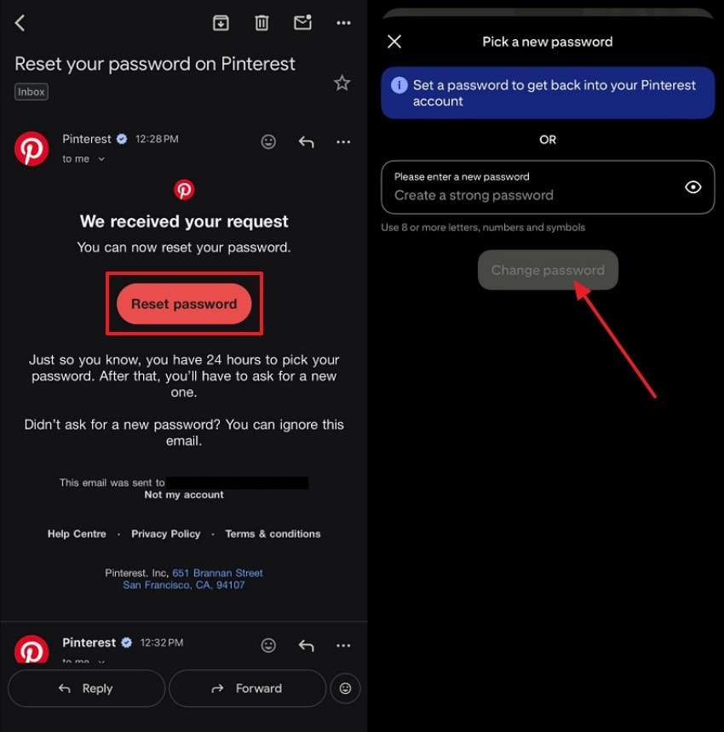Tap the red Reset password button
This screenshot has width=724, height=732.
[184, 304]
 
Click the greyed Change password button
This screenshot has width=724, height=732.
[548, 270]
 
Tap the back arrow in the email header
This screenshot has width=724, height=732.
[20, 23]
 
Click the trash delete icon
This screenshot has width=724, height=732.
[261, 23]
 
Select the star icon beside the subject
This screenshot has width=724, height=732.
[342, 83]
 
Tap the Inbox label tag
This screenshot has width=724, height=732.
[32, 92]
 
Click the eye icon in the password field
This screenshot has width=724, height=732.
[693, 187]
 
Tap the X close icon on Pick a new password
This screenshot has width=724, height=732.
[394, 41]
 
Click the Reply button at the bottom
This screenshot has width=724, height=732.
[86, 689]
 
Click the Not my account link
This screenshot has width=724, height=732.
[184, 495]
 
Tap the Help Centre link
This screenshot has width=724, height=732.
[77, 534]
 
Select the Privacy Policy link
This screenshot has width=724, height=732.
[166, 534]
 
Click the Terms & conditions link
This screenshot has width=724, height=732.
[273, 534]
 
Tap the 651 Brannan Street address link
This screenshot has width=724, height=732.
[217, 573]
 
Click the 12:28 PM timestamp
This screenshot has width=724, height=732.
[157, 139]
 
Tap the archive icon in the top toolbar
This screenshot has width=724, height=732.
[221, 23]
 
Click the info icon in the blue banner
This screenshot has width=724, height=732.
[398, 85]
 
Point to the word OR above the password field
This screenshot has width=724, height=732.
[548, 140]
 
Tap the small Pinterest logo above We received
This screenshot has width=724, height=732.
[184, 190]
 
